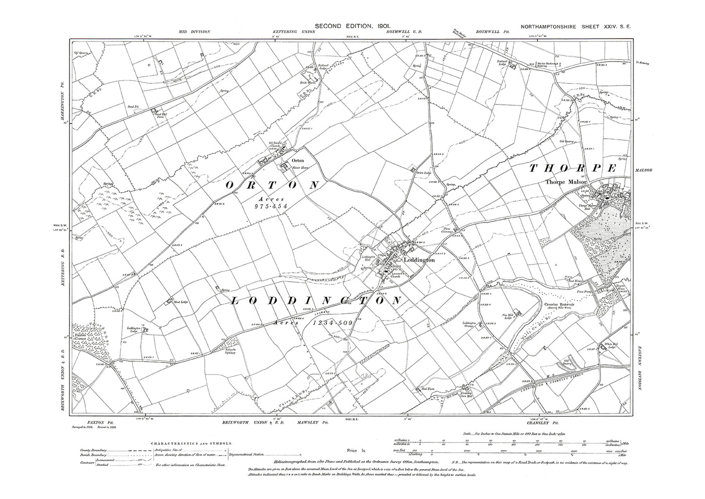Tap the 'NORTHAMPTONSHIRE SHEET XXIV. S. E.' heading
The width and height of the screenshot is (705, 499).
576,26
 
